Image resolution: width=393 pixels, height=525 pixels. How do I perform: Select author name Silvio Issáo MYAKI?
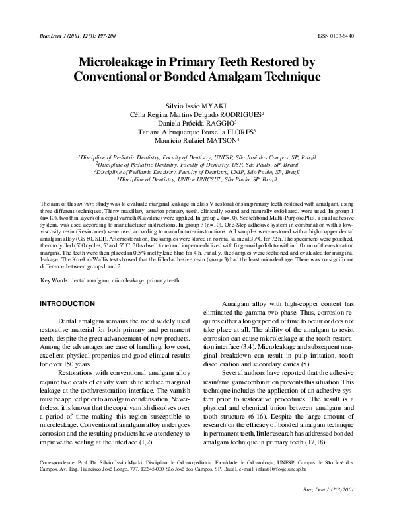tap(196, 105)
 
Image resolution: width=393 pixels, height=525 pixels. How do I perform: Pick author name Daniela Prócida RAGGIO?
tap(196, 123)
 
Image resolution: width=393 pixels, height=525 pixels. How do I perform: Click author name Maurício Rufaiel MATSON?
tap(196, 141)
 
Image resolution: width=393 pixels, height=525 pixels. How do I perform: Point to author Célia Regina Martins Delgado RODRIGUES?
tap(196, 114)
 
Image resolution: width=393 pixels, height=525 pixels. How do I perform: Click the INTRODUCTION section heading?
tap(67, 303)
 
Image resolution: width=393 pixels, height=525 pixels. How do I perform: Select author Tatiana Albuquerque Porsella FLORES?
tap(196, 132)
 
